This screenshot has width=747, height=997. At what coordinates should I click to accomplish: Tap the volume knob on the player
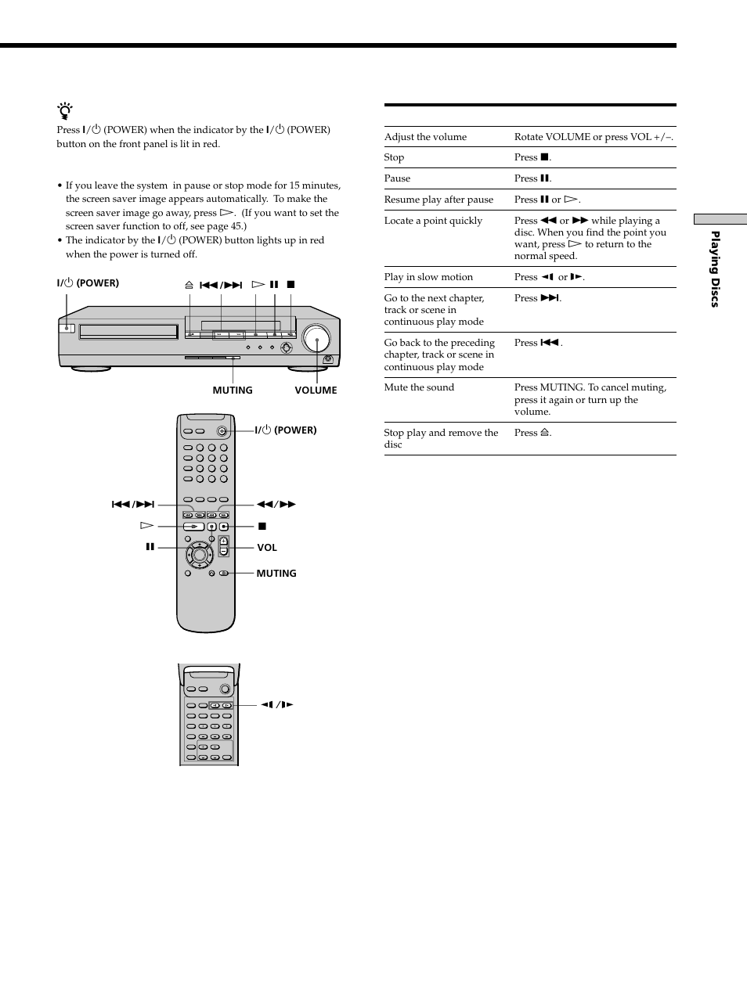click(317, 340)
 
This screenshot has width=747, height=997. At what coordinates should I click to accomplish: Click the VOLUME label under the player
click(316, 390)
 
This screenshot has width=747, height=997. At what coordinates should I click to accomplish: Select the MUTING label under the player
click(233, 390)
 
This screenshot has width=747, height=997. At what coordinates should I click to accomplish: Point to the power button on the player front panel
click(67, 328)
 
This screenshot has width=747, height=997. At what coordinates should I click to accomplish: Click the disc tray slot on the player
click(128, 331)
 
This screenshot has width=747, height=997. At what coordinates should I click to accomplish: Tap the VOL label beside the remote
click(267, 548)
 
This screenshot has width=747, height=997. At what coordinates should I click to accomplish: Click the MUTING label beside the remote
click(276, 574)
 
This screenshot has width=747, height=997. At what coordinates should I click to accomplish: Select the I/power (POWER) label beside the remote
click(286, 430)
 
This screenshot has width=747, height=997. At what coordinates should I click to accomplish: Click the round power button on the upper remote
click(223, 431)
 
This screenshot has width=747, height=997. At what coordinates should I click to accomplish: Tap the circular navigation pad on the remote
click(200, 555)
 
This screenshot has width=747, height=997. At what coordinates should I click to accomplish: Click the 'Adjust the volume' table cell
click(425, 137)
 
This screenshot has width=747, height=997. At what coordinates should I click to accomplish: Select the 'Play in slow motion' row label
click(428, 277)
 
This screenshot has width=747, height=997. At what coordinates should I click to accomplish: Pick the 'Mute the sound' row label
click(419, 387)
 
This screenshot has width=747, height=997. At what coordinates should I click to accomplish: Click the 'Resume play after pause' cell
click(438, 200)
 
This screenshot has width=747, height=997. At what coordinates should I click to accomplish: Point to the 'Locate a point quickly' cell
click(433, 221)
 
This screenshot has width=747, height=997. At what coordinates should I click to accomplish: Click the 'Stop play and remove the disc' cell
click(441, 438)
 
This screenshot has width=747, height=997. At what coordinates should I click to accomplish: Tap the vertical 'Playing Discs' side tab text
click(714, 269)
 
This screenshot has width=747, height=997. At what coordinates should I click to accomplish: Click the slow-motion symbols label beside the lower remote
click(277, 705)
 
